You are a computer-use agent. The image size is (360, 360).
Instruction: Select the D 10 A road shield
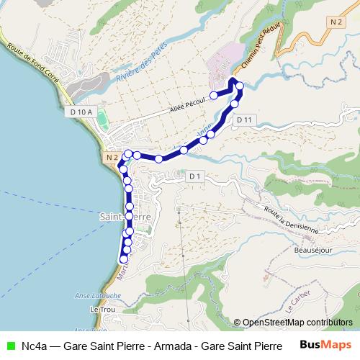coord(83,112)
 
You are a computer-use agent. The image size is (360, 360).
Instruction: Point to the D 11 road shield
coord(244,120)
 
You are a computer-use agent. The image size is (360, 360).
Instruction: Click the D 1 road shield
coord(194,176)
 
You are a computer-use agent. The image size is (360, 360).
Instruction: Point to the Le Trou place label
coord(103,309)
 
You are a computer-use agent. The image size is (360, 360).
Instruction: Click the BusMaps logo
coord(325,344)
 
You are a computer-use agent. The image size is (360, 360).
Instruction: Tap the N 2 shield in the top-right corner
coord(334,23)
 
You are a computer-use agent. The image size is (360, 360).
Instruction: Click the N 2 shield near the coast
coord(110,157)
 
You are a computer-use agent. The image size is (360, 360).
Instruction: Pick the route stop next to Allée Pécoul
coord(214,95)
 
